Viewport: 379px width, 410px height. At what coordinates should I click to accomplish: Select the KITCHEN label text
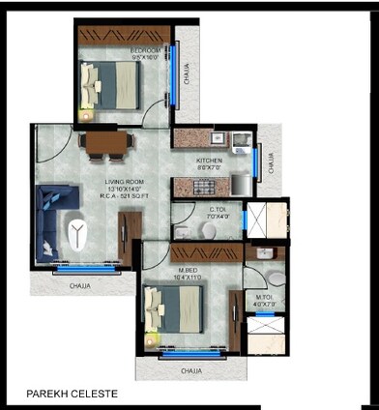[x=210, y=161]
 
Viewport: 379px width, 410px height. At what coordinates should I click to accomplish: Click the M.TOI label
[x=263, y=298]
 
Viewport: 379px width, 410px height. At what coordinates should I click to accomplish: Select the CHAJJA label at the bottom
[x=190, y=370]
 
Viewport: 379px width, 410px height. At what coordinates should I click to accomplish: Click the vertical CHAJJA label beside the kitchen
[x=272, y=162]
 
